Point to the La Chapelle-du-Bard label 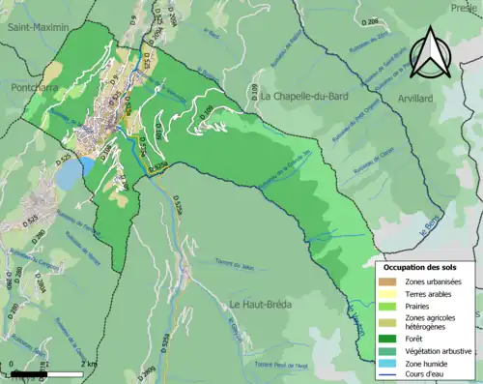[304, 97]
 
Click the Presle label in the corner [467, 6]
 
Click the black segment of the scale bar [29, 371]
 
